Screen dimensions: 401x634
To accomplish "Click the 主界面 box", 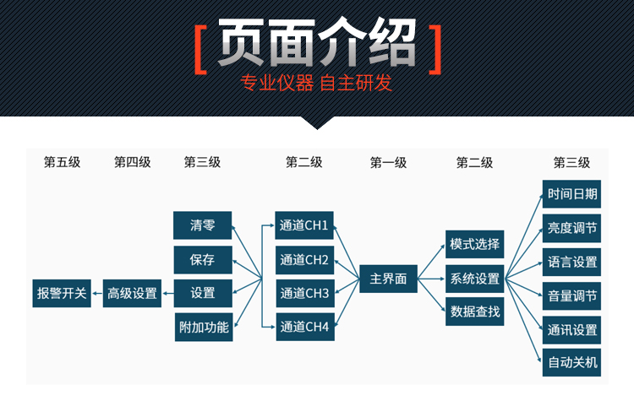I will click(389, 278).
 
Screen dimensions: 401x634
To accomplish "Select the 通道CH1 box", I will click(304, 225).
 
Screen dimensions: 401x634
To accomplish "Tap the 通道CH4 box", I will click(304, 327).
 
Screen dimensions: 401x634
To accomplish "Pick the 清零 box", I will click(203, 225).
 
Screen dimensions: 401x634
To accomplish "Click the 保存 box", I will click(203, 259).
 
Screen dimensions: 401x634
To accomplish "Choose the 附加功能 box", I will click(203, 327).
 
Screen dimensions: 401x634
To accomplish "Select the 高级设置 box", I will click(132, 294).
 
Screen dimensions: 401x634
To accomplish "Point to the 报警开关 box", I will click(62, 294).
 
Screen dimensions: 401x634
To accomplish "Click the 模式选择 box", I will click(475, 245).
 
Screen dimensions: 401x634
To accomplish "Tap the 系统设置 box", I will click(475, 278).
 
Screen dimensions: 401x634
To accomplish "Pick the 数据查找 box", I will click(475, 312).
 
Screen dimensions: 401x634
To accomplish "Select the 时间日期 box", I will click(572, 194).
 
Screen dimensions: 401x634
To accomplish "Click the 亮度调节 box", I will click(572, 228).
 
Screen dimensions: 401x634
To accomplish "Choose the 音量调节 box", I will click(572, 295).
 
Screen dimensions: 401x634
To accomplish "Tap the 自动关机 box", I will click(572, 363).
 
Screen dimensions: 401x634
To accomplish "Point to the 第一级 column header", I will click(389, 163).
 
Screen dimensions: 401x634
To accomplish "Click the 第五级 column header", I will click(62, 163).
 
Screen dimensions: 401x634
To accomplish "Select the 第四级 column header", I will click(132, 163).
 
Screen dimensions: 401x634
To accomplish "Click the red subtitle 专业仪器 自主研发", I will click(317, 84).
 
